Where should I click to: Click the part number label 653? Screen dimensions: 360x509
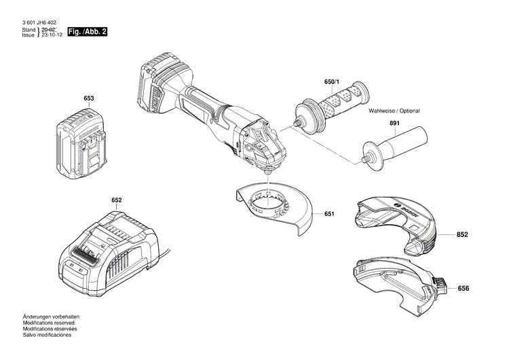(88, 99)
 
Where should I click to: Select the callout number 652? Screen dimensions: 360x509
(117, 200)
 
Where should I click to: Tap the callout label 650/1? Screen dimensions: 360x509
(334, 83)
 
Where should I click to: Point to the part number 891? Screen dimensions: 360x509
(394, 123)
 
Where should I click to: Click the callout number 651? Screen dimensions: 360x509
(329, 214)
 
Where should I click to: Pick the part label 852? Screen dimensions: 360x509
(464, 234)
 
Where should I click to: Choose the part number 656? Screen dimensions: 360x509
(464, 289)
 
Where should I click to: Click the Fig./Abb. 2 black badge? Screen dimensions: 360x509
(88, 32)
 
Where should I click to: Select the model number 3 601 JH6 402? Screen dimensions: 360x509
(39, 23)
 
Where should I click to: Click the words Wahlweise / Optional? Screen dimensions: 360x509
(394, 111)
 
